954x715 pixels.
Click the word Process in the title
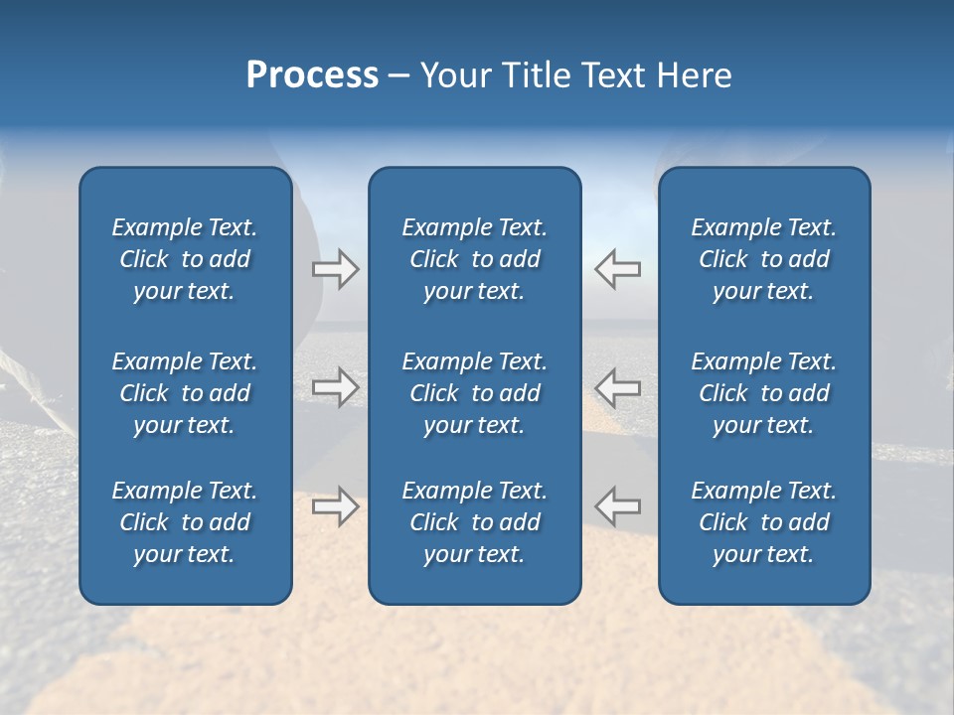point(312,75)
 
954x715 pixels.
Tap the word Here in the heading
point(695,75)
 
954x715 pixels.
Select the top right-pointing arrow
point(335,269)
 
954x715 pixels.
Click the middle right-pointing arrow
point(335,386)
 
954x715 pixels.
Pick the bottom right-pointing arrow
point(335,505)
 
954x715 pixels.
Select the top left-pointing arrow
point(618,269)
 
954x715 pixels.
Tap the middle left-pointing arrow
point(618,386)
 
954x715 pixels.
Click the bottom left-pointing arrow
point(618,505)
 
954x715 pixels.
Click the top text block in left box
point(185,259)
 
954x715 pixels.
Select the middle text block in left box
point(185,393)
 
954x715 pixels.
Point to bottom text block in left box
point(185,522)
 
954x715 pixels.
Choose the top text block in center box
point(474,259)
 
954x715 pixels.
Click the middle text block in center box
point(474,393)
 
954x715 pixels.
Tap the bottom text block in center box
point(474,522)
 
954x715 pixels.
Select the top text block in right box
point(763,259)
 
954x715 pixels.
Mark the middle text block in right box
point(763,393)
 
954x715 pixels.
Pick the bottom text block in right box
point(763,522)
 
